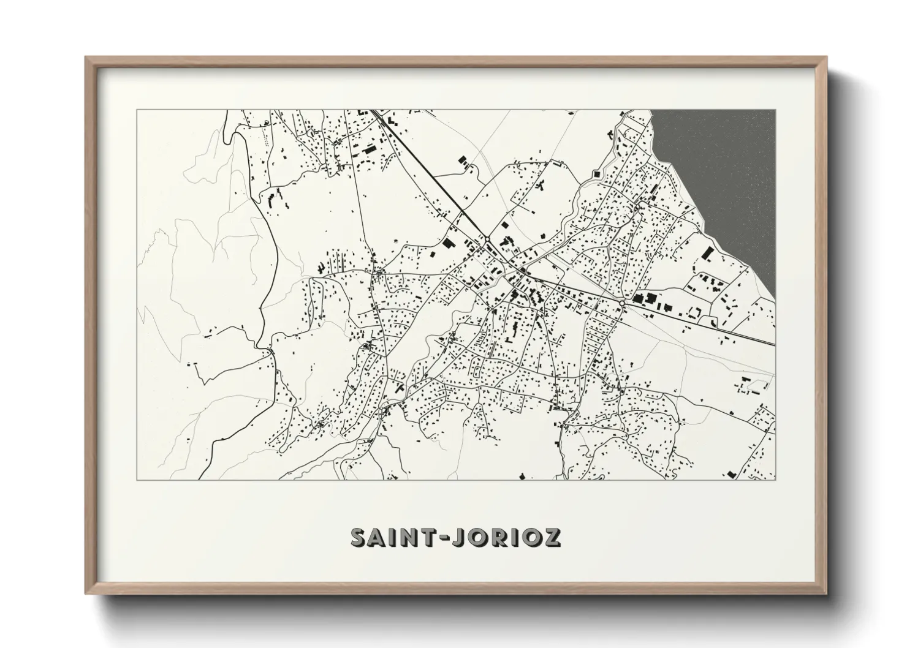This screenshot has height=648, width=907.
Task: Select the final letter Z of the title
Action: pyautogui.click(x=551, y=537)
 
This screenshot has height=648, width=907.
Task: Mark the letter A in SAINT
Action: pyautogui.click(x=376, y=537)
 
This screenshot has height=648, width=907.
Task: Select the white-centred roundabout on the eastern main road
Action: pyautogui.click(x=622, y=304)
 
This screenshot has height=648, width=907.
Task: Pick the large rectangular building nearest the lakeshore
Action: pyautogui.click(x=708, y=253)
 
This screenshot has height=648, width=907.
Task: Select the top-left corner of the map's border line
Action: pyautogui.click(x=137, y=110)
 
